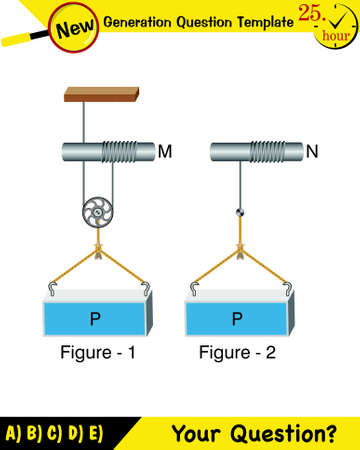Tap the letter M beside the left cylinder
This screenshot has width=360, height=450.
point(165,152)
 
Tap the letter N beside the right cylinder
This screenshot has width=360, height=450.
point(312,152)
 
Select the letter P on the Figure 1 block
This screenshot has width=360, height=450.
point(95,320)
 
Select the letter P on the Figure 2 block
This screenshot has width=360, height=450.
point(237,320)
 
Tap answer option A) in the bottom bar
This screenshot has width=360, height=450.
point(13,434)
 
